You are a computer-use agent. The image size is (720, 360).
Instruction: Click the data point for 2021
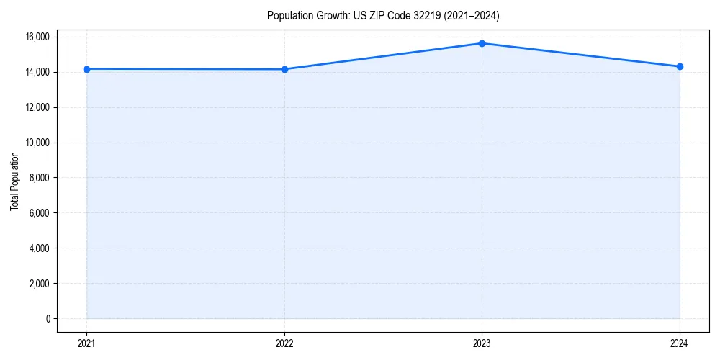coord(86,69)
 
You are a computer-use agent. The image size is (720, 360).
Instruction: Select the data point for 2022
coord(284,69)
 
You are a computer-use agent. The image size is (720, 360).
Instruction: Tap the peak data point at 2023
coord(482,43)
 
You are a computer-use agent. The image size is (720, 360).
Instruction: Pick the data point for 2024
coord(680,67)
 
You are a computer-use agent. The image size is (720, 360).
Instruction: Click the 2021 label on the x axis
coord(86,343)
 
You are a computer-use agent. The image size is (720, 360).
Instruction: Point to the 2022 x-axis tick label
coord(284,343)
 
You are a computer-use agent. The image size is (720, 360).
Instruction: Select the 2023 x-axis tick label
coord(482,343)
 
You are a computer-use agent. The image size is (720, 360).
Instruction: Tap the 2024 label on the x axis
coord(680,343)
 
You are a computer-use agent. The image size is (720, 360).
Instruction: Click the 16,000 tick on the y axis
coord(37,37)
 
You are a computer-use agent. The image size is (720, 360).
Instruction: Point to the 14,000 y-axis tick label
coord(37,72)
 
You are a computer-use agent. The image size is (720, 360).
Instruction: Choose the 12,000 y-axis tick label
coord(37,107)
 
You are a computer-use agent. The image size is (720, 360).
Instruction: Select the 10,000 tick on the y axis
coord(37,143)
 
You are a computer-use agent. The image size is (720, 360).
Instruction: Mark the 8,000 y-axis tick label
coord(40,178)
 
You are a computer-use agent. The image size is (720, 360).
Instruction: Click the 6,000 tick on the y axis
coord(40,213)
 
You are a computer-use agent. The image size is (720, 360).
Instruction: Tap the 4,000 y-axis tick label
coord(40,248)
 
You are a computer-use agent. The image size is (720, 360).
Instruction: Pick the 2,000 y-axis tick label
coord(40,284)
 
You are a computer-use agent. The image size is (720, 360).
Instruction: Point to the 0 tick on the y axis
coord(48,319)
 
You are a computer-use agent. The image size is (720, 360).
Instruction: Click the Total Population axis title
coord(14,181)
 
